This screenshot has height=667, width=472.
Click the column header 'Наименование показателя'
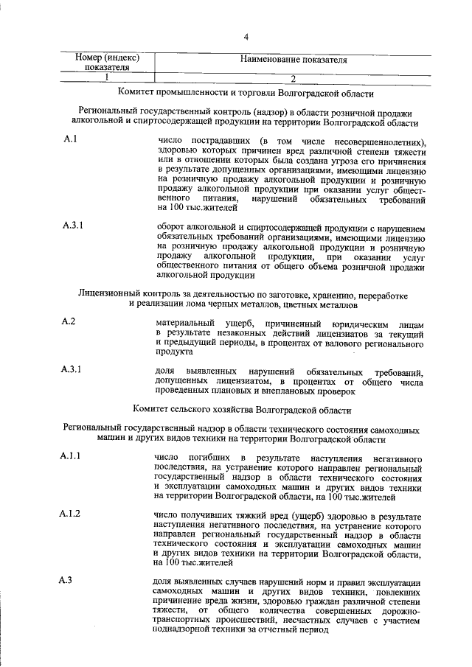click(x=294, y=60)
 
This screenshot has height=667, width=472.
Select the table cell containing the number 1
click(x=107, y=77)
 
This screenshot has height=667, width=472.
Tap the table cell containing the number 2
click(x=293, y=77)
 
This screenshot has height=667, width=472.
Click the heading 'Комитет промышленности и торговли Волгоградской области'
click(x=246, y=94)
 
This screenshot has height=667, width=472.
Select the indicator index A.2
click(x=69, y=321)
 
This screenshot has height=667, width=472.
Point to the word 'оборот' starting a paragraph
click(x=173, y=227)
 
